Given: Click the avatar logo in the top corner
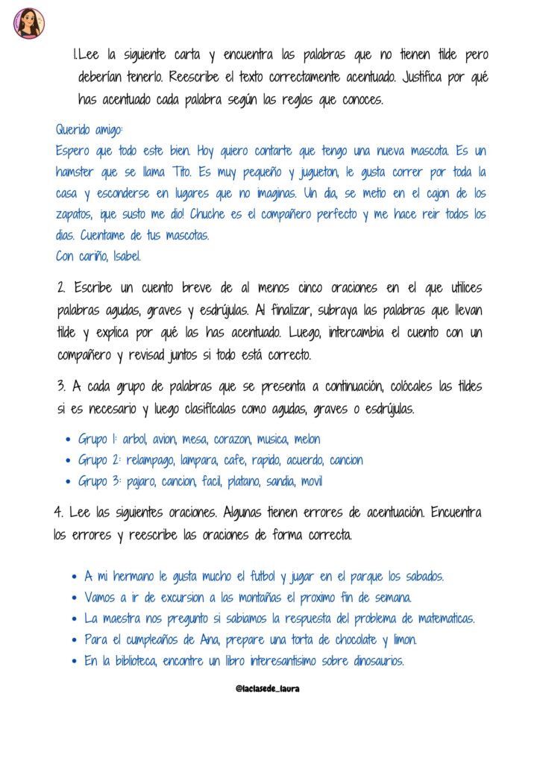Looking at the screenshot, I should (28, 22).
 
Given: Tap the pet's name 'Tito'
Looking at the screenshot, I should (183, 172).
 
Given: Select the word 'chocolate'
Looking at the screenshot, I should (342, 639).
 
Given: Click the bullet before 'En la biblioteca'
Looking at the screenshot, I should (75, 661).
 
